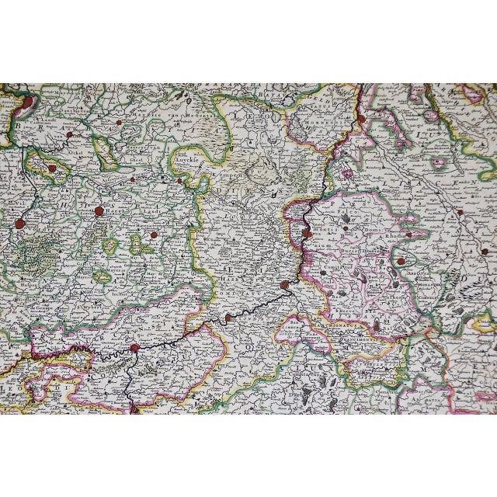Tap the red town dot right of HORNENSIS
click(360, 118)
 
